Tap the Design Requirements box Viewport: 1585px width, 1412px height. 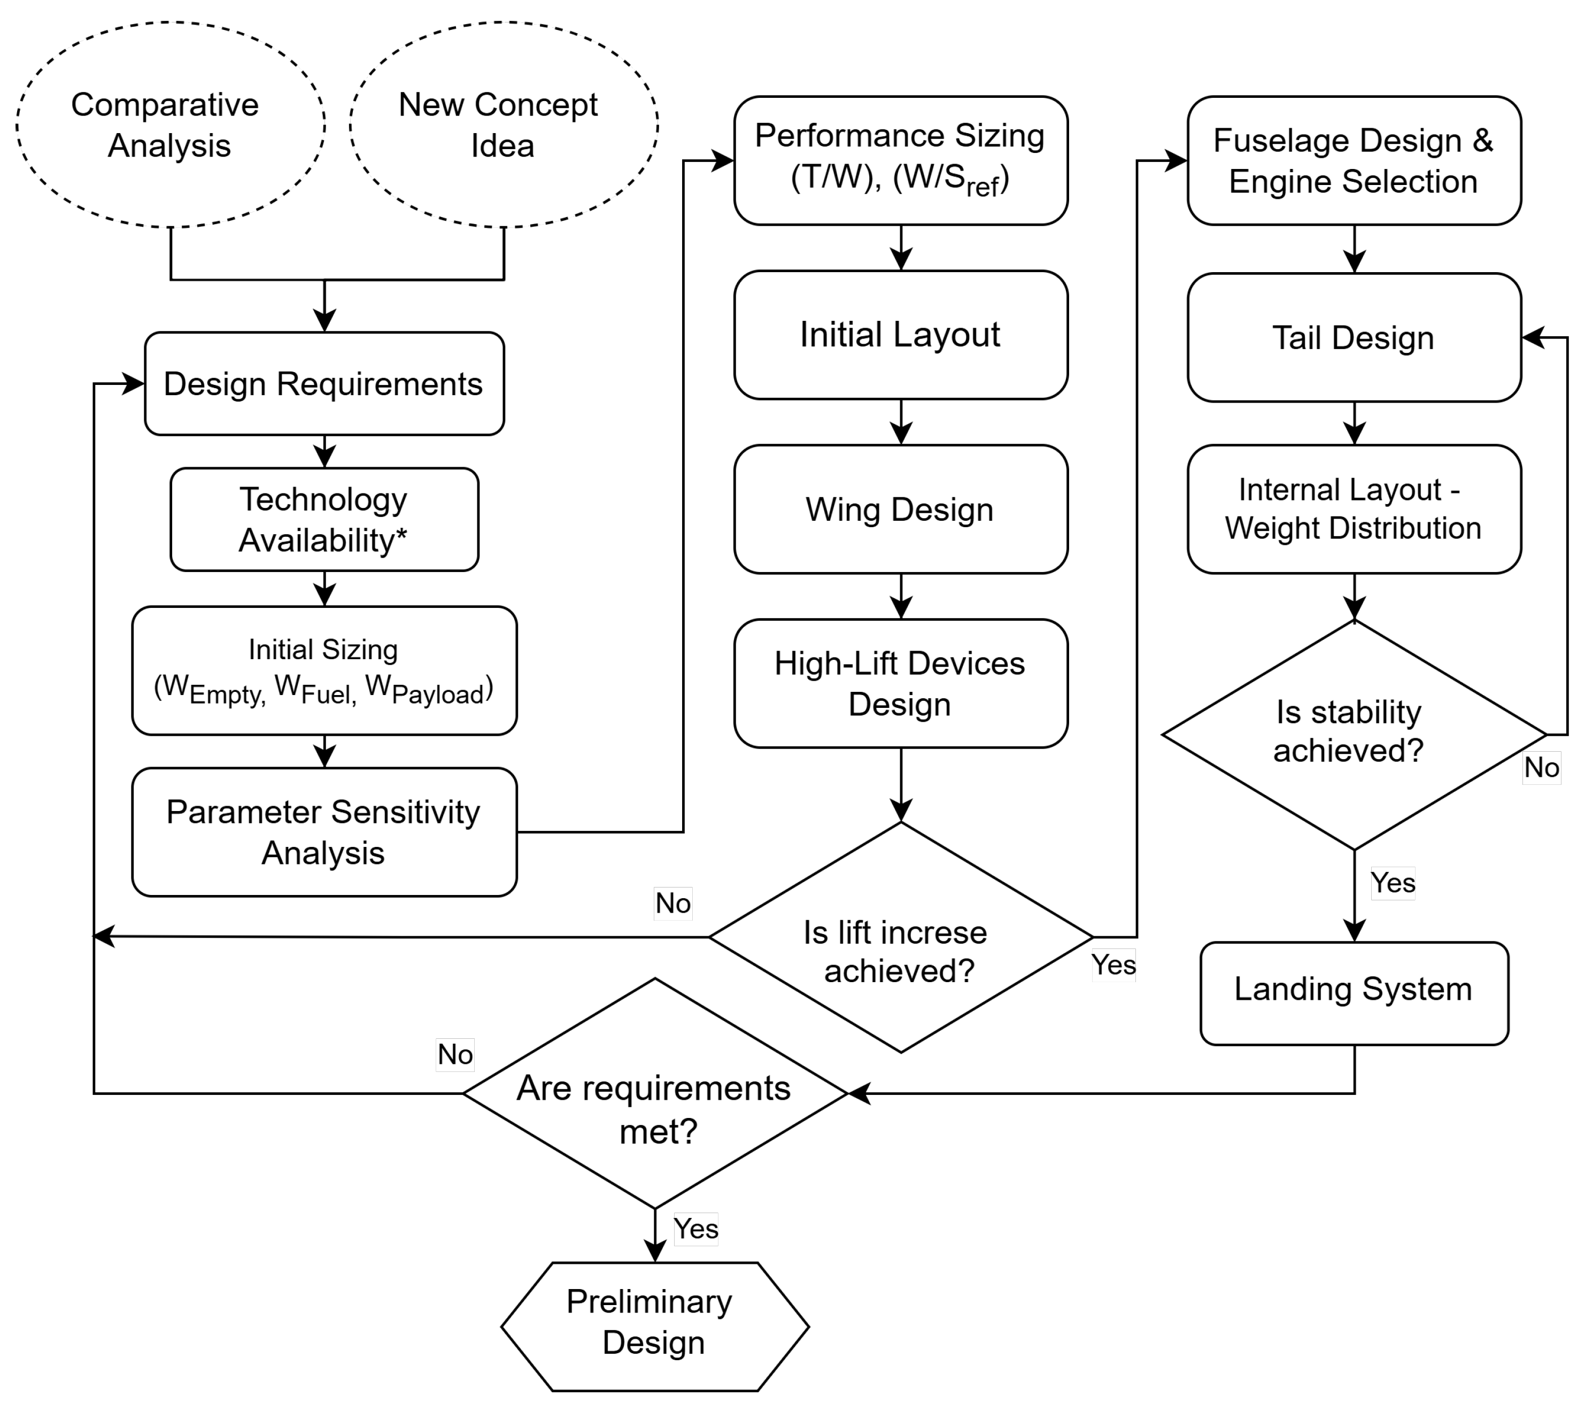coord(324,384)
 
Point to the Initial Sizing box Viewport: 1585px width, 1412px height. coord(324,670)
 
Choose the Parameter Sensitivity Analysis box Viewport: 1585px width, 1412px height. coord(324,832)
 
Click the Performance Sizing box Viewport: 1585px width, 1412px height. coord(900,160)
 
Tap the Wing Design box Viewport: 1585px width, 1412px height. coord(900,510)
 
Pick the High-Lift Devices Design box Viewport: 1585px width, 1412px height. coord(900,683)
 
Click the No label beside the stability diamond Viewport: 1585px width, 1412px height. coord(1541,767)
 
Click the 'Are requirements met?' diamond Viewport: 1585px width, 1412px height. coord(655,1093)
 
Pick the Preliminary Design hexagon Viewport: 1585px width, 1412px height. coord(655,1326)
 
